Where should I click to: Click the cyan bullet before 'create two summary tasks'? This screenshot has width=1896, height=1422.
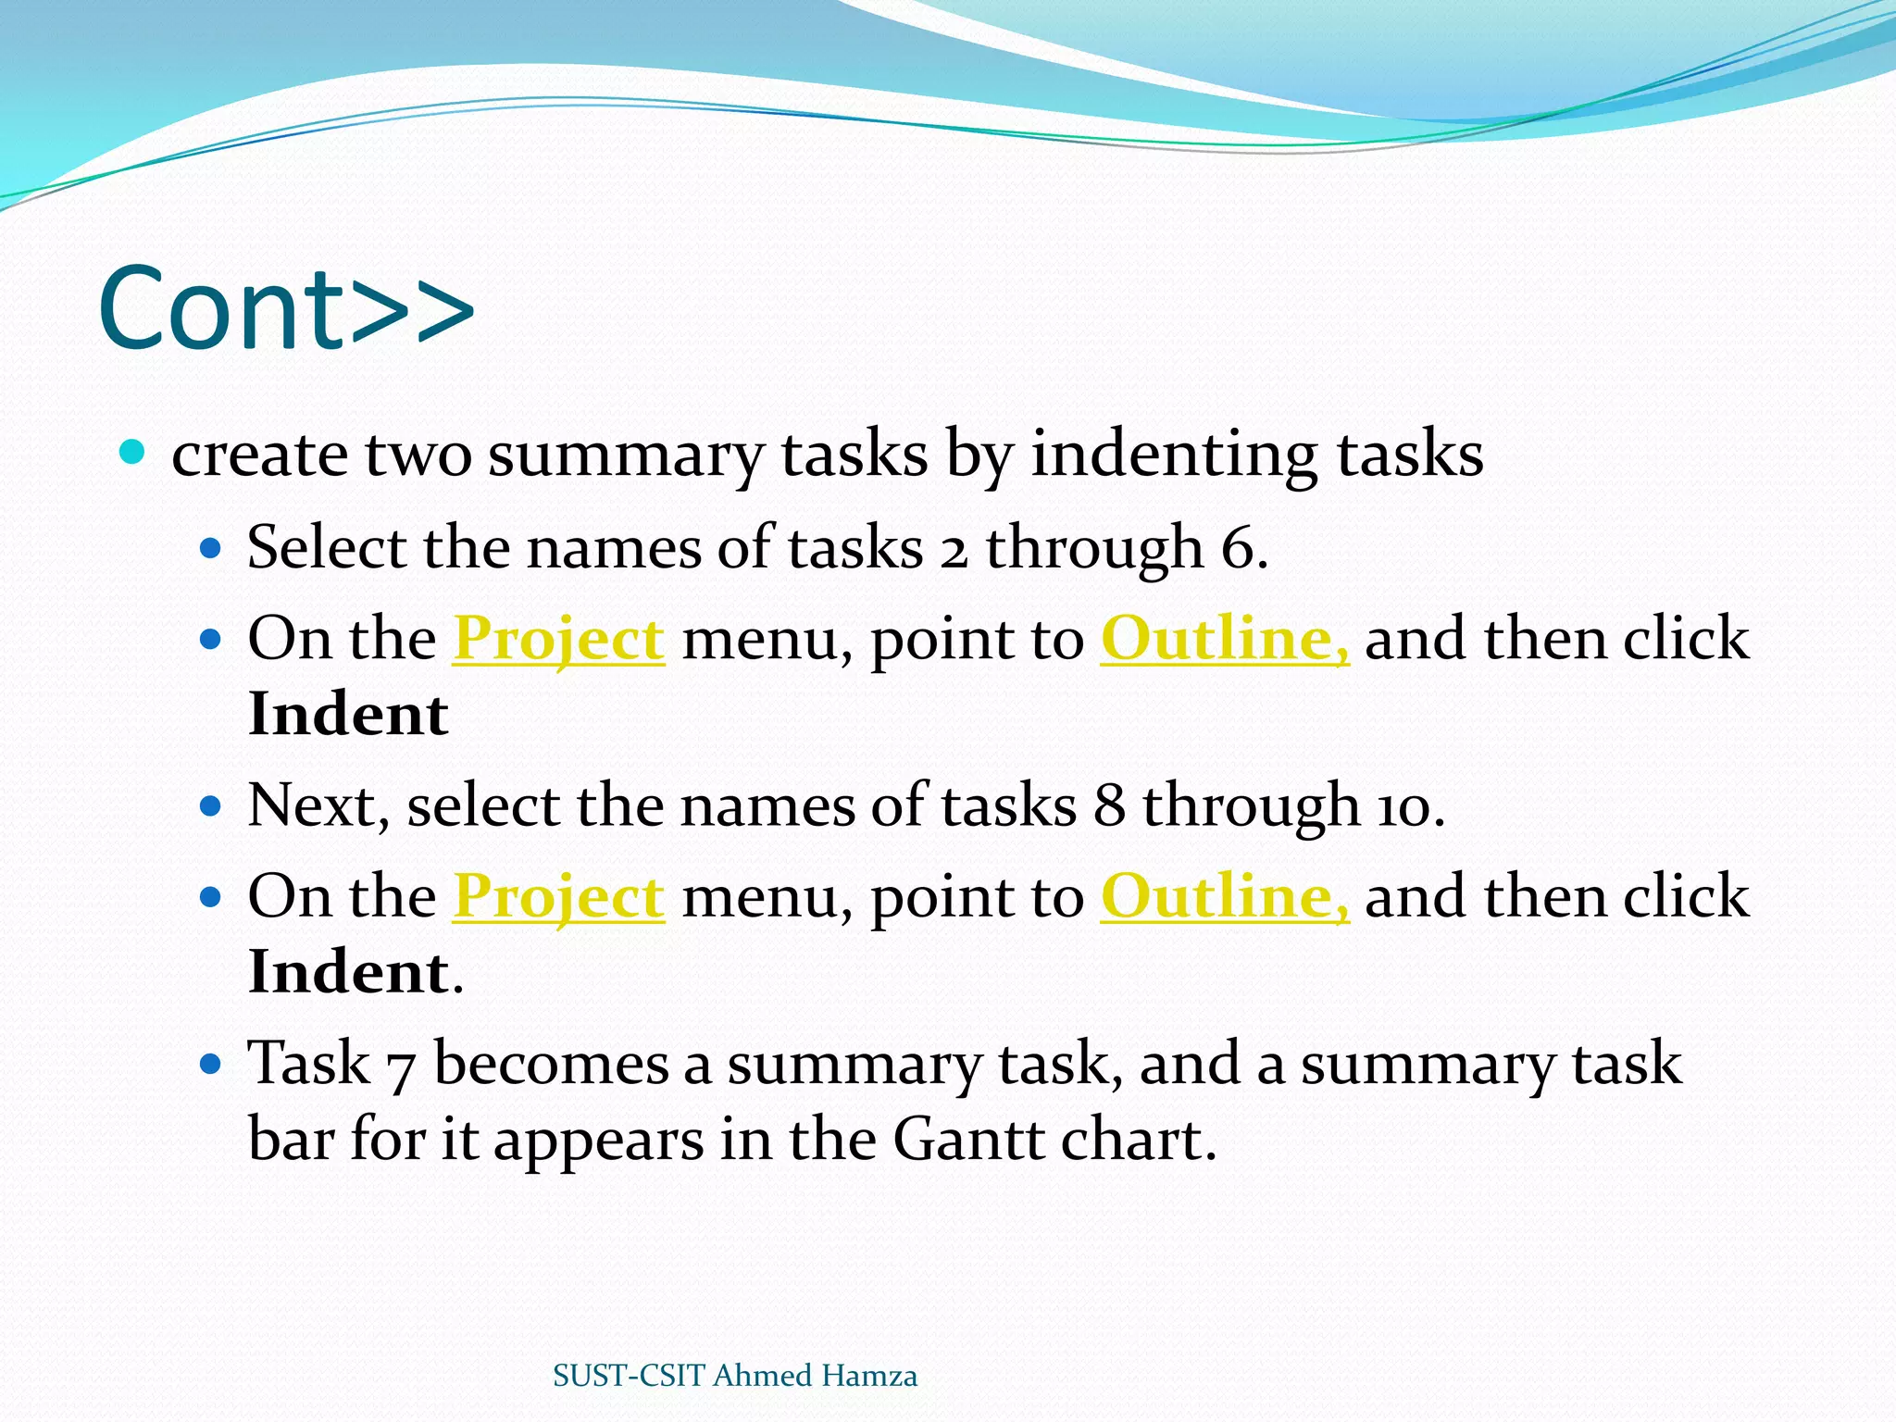133,452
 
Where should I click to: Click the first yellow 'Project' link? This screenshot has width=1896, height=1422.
558,639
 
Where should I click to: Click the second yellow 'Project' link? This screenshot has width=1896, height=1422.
558,896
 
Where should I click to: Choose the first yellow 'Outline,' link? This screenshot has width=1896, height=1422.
1224,639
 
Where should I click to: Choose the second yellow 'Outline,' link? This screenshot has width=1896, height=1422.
1224,896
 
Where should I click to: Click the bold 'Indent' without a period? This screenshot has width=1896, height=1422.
348,715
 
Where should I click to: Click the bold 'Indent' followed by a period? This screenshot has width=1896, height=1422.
348,972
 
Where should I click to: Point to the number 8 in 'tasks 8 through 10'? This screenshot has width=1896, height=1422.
1108,805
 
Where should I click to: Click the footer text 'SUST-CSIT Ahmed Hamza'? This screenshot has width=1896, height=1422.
735,1376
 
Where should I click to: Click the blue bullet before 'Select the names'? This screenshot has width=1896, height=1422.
212,549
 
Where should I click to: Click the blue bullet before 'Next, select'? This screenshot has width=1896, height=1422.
212,806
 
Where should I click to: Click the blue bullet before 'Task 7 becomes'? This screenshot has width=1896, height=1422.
212,1064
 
